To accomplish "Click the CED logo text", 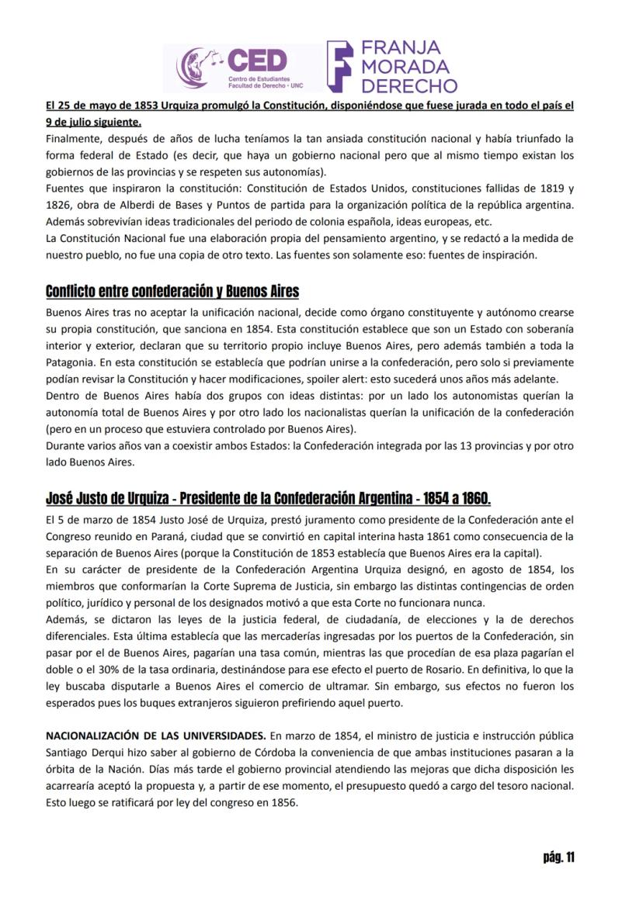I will [x=255, y=61].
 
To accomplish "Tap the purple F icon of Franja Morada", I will [x=340, y=66].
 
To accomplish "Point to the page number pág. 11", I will [x=558, y=857].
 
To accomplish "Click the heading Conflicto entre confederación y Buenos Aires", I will [x=172, y=292].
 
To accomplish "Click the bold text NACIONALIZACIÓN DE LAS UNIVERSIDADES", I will [x=155, y=735].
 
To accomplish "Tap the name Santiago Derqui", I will [x=84, y=751].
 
